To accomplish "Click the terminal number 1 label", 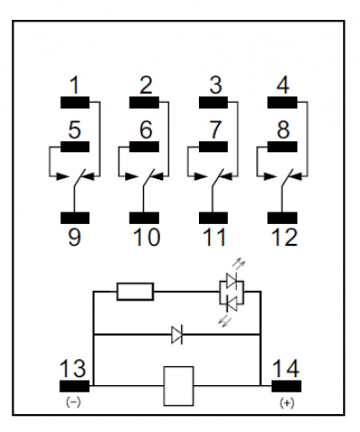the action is point(75,85).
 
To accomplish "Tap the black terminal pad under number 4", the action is point(283,103).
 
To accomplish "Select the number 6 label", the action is point(146,130).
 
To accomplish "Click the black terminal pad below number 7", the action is point(213,147).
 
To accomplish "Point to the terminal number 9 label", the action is point(75,237).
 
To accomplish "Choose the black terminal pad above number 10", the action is point(144,218).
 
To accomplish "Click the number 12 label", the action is point(284,237).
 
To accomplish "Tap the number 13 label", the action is point(73,368).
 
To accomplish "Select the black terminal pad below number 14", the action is point(286,386).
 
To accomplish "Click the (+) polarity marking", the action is point(287,403).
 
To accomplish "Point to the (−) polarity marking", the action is point(74,402).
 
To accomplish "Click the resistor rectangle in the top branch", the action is point(135,292).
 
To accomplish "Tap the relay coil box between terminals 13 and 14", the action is point(178,386).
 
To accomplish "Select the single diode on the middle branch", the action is point(177,334).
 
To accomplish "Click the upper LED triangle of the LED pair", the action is point(231,281).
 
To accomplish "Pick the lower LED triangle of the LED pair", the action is point(231,302).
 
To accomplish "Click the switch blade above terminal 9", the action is point(79,178).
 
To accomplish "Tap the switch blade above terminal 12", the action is point(287,178).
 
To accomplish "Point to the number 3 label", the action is point(215,85).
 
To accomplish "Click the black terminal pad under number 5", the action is point(75,147).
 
